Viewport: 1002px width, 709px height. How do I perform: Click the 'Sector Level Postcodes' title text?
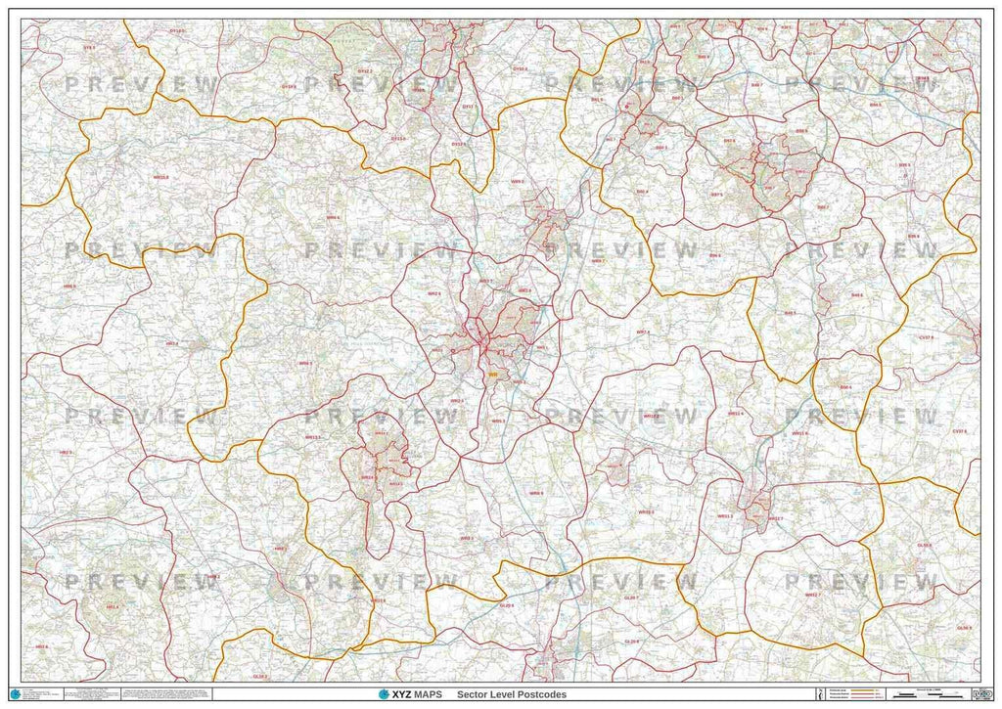[x=518, y=694]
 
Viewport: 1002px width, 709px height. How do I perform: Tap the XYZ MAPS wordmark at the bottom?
[x=409, y=694]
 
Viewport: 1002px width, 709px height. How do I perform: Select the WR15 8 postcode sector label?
[x=161, y=177]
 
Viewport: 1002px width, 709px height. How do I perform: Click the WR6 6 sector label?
[x=333, y=217]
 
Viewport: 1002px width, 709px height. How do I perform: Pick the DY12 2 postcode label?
[x=365, y=71]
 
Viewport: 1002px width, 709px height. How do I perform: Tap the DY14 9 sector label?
[x=289, y=86]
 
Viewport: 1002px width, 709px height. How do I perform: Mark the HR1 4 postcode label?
[x=113, y=607]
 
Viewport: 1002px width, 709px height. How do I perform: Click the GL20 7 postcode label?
[x=630, y=597]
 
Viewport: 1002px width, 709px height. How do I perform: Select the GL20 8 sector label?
[x=632, y=642]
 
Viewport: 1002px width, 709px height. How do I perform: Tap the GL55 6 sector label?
[x=925, y=545]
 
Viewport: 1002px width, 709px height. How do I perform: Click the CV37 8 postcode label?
[x=959, y=430]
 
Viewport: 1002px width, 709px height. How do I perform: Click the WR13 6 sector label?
[x=379, y=600]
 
